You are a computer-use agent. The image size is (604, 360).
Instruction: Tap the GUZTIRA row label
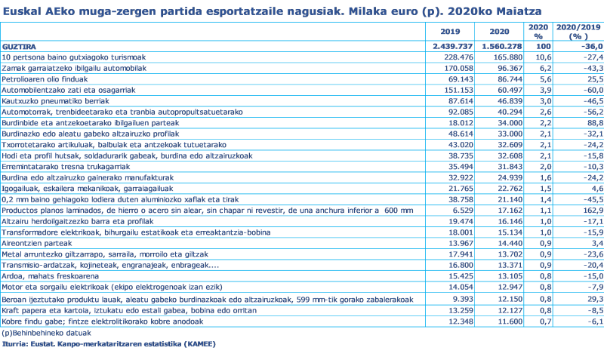(17, 46)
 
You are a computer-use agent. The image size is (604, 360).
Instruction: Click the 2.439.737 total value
(451, 46)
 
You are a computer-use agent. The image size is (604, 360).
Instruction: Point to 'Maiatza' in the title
(517, 11)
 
